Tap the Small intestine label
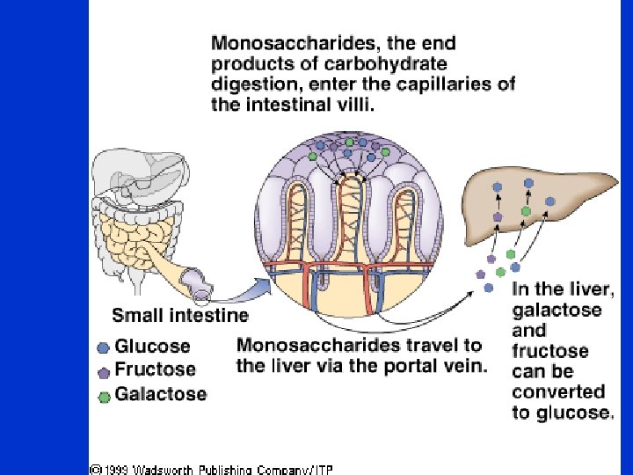click(179, 315)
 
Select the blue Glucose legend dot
click(104, 347)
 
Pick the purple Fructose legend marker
click(104, 370)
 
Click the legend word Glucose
click(152, 347)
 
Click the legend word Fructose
click(156, 369)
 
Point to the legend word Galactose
click(161, 393)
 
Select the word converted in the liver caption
click(559, 392)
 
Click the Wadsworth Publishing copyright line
click(211, 468)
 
